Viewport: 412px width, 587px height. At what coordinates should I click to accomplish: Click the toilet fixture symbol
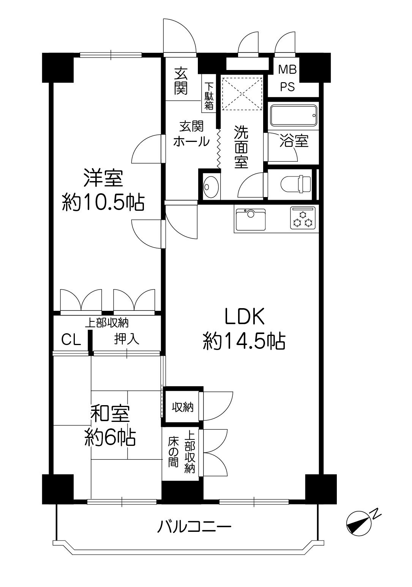pos(297,184)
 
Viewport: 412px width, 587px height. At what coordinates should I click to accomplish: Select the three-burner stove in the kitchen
pos(303,218)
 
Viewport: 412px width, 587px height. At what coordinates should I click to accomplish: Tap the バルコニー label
pos(194,527)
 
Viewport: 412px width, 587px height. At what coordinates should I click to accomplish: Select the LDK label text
pos(244,317)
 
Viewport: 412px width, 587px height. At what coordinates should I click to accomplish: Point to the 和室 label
pos(110,414)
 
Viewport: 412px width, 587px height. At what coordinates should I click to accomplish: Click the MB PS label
pos(288,78)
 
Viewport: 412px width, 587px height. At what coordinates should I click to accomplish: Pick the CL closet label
pos(71,339)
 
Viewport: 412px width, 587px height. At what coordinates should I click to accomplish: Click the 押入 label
pos(127,339)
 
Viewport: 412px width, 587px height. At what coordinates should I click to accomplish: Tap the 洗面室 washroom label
pos(241,147)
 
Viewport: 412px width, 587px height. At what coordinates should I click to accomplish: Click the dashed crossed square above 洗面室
pos(242,93)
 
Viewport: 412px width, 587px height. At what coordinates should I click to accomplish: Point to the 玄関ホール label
pos(191,134)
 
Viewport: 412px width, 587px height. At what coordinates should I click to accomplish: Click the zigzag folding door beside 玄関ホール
pos(219,148)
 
